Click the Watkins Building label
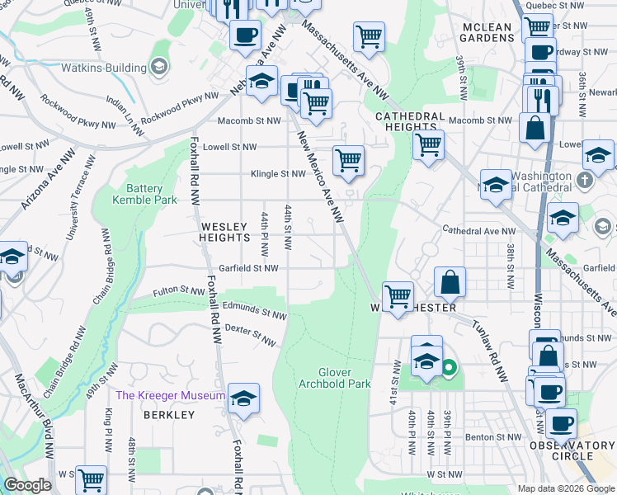pos(105,66)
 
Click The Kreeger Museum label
pos(170,395)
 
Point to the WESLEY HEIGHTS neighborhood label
pos(223,231)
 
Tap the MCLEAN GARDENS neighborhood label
pos(486,32)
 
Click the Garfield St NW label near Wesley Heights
pos(248,268)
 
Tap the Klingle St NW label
pos(279,174)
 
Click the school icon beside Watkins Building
pos(158,66)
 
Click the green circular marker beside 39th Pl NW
pos(449,368)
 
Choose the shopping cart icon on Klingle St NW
pos(348,160)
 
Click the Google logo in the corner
pos(28,485)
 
